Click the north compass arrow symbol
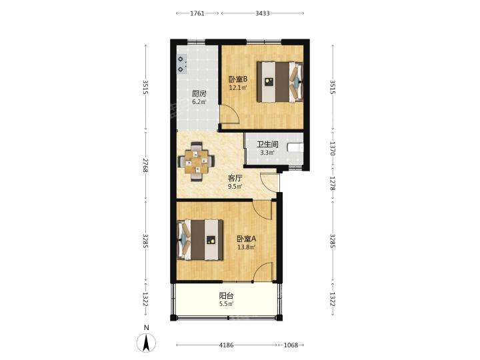click(x=146, y=343)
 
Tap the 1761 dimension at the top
click(x=197, y=13)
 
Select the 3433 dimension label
click(x=263, y=13)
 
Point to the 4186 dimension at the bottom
click(x=226, y=345)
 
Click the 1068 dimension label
click(x=291, y=345)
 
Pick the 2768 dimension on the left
click(x=146, y=165)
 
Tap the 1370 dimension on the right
click(x=333, y=149)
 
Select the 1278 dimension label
click(x=333, y=183)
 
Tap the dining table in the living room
click(x=196, y=161)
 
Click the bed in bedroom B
click(x=280, y=82)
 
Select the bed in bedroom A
click(x=200, y=240)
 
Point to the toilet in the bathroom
click(x=296, y=147)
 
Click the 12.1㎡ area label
click(x=239, y=88)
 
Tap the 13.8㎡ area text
click(x=247, y=247)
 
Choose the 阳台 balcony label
click(x=227, y=296)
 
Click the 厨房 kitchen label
click(x=199, y=94)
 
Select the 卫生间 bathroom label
click(x=267, y=144)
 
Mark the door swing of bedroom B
click(x=230, y=114)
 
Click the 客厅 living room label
click(x=235, y=178)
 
